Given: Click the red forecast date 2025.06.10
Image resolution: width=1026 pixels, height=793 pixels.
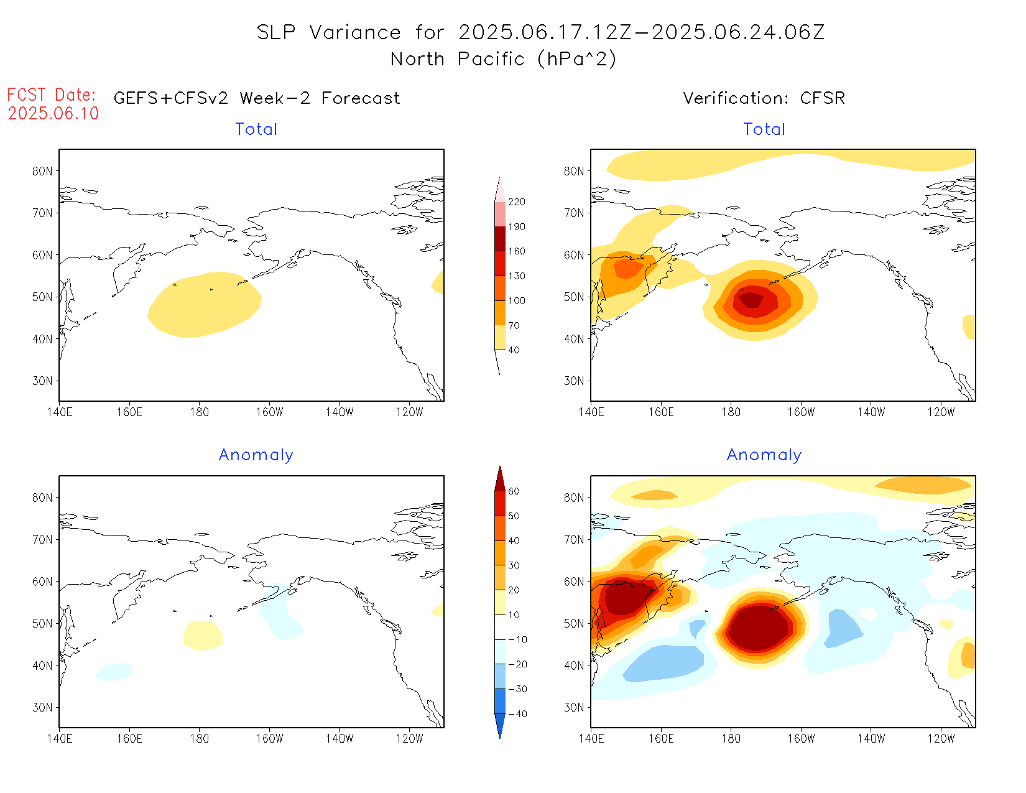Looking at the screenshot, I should pyautogui.click(x=53, y=113).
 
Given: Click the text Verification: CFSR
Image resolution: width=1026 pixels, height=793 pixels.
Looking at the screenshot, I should pyautogui.click(x=764, y=98).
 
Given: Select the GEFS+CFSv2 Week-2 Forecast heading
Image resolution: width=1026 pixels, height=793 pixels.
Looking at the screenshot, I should pyautogui.click(x=257, y=98).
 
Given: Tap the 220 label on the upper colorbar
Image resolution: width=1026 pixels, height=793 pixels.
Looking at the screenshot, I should pyautogui.click(x=516, y=202).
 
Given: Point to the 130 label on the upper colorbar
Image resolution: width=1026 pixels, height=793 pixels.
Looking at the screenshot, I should pyautogui.click(x=516, y=276).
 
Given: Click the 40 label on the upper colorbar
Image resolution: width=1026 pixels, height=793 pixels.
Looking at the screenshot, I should pyautogui.click(x=514, y=350).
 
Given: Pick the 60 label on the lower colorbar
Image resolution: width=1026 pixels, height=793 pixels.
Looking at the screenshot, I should pyautogui.click(x=514, y=491).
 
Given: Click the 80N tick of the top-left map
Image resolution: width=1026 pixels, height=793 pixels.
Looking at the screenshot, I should pyautogui.click(x=42, y=171).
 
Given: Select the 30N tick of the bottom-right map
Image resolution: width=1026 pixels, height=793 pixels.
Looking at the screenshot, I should pyautogui.click(x=574, y=707).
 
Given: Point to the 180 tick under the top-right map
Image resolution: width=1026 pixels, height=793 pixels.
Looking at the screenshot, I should pyautogui.click(x=731, y=412).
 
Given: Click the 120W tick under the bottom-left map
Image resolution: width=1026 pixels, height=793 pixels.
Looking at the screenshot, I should pyautogui.click(x=409, y=738).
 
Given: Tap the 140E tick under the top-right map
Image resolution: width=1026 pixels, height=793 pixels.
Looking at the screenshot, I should pyautogui.click(x=591, y=412).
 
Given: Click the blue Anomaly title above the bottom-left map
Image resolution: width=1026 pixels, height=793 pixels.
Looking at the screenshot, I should pyautogui.click(x=256, y=455).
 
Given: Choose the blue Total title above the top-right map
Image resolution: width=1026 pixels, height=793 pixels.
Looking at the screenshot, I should pyautogui.click(x=764, y=129).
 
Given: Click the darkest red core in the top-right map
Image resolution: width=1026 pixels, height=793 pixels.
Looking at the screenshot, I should pyautogui.click(x=752, y=299).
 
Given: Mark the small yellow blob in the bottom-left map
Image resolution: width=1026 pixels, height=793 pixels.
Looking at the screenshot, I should pyautogui.click(x=203, y=635).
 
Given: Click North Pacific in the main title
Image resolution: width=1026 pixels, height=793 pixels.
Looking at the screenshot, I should pyautogui.click(x=458, y=59).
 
